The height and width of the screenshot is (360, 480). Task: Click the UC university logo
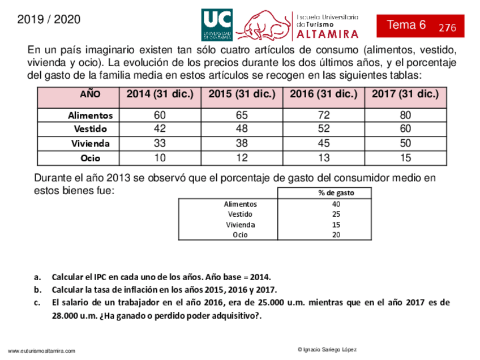216,25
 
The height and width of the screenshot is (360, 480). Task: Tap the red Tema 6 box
420,25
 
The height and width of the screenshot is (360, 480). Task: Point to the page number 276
447,28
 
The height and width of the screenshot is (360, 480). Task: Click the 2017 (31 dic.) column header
405,95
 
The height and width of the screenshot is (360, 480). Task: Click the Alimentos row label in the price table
91,115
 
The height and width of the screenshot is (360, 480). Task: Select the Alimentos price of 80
405,115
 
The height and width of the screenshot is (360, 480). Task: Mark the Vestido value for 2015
242,129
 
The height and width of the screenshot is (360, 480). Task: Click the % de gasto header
336,193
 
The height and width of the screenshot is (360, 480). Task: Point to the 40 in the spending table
336,204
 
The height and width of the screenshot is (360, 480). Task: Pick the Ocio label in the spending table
240,235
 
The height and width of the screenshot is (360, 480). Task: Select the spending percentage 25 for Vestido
336,214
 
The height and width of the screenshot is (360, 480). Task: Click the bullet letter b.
37,290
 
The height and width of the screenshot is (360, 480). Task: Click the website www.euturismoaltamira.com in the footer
41,352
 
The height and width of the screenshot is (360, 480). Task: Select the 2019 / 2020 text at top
49,20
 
